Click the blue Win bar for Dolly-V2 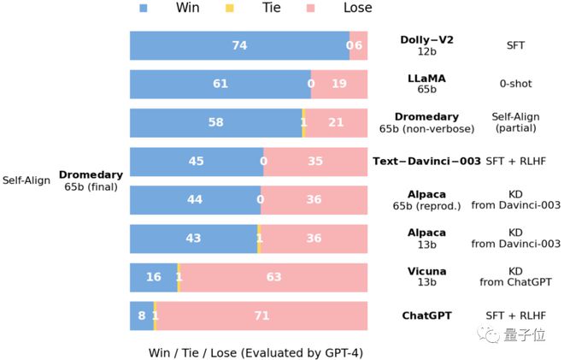(239, 45)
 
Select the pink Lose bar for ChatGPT (261, 316)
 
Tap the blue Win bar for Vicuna (153, 277)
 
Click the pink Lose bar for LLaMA (339, 84)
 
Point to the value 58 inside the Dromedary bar (215, 122)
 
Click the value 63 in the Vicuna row (273, 277)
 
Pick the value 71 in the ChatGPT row (261, 316)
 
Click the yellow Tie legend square (228, 9)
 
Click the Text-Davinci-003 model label (426, 161)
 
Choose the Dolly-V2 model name (426, 40)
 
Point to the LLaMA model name (426, 79)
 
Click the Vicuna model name (426, 272)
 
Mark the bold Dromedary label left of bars (91, 175)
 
